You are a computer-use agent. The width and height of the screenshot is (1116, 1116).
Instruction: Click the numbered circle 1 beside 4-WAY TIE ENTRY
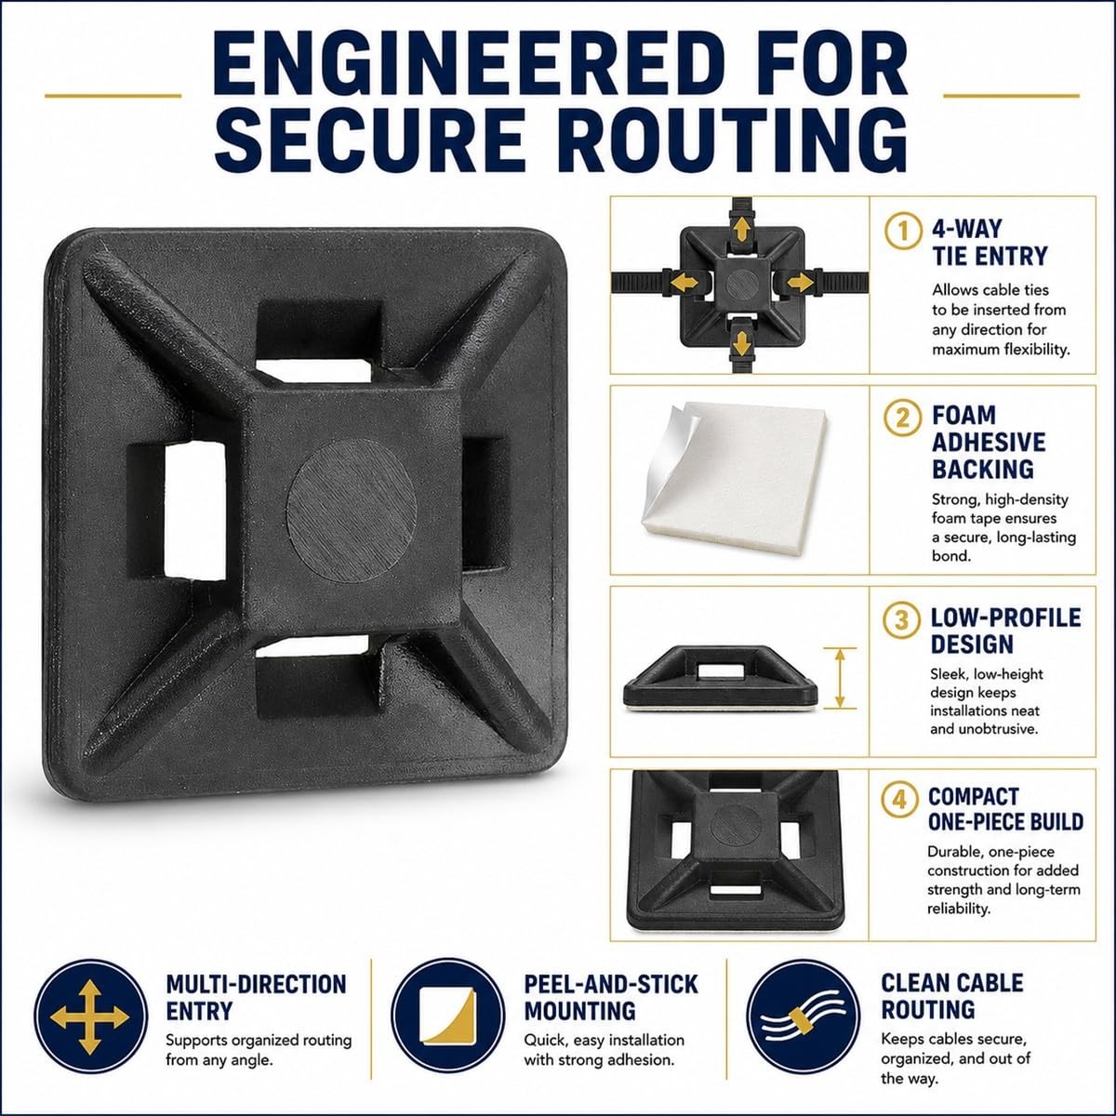pyautogui.click(x=903, y=231)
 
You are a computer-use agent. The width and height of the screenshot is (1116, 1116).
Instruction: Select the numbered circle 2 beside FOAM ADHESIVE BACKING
pyautogui.click(x=902, y=418)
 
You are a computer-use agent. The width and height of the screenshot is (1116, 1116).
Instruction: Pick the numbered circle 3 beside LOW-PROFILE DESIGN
pyautogui.click(x=901, y=620)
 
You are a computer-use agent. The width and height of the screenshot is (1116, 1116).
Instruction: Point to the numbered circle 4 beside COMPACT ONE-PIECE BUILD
pyautogui.click(x=899, y=800)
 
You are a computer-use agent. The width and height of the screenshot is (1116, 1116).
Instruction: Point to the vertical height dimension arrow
pyautogui.click(x=840, y=678)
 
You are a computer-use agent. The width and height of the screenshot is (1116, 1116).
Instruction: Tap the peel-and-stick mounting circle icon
pyautogui.click(x=447, y=1016)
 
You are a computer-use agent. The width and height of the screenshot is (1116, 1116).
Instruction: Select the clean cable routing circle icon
pyautogui.click(x=804, y=1016)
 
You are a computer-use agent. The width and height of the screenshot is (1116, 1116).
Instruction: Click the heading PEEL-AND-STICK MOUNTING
pyautogui.click(x=611, y=997)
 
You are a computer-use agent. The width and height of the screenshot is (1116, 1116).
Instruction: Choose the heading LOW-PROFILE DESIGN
pyautogui.click(x=1005, y=631)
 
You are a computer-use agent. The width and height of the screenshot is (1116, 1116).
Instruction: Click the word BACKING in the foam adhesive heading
pyautogui.click(x=983, y=469)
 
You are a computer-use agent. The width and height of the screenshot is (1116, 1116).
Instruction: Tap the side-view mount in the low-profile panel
pyautogui.click(x=721, y=678)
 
